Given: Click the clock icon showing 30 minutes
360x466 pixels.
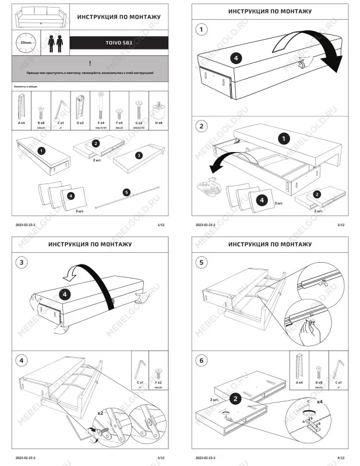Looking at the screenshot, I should tap(24, 43).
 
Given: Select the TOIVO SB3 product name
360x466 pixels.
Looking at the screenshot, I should tap(119, 43).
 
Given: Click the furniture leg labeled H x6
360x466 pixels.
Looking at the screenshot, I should tap(157, 109).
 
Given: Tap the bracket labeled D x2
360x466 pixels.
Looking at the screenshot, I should tap(80, 106).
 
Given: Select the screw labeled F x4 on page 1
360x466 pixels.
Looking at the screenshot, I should tap(119, 111).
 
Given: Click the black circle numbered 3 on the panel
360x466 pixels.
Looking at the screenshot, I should tap(139, 156).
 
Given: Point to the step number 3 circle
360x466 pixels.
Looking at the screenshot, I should tap(22, 263).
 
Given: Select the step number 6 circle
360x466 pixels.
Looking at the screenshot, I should tap(202, 361).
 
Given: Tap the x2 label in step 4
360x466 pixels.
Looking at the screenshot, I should tap(101, 412).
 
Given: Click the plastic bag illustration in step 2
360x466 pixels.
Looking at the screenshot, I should tap(206, 187).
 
